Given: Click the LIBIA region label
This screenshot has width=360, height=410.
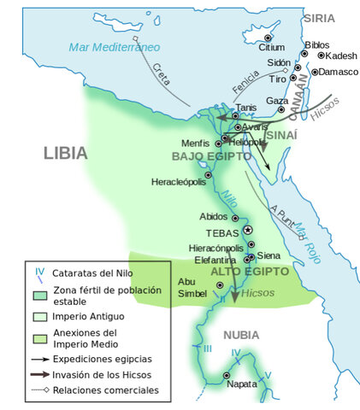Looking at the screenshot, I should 65,154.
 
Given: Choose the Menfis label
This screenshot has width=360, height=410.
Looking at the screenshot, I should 195,142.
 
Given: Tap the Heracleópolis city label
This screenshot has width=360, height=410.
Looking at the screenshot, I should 179,182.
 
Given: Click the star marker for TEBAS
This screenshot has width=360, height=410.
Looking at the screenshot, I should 248,231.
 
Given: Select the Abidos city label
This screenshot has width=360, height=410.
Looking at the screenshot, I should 213,217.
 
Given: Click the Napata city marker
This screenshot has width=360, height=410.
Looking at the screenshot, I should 227,375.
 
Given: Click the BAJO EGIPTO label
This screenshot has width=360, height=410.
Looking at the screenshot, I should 211,156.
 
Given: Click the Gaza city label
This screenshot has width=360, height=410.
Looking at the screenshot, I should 277,101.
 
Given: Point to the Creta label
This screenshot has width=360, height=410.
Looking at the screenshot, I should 156,75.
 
